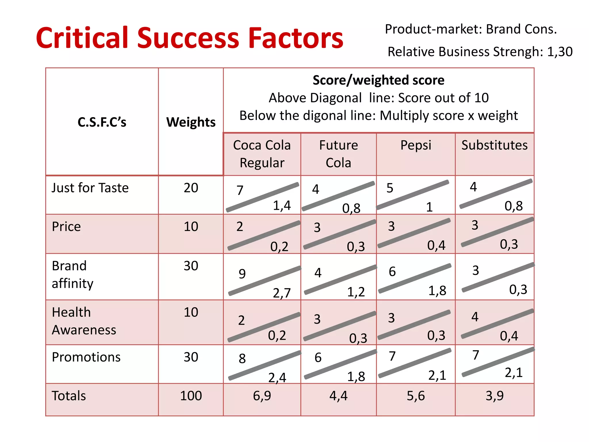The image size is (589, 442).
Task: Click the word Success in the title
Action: [x=188, y=38]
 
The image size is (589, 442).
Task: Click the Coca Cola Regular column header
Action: [x=262, y=154]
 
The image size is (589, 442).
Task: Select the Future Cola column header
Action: [x=339, y=154]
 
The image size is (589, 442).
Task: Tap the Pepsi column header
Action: [x=416, y=145]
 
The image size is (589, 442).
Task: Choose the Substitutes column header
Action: [x=494, y=145]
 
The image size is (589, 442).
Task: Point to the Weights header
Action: [x=191, y=122]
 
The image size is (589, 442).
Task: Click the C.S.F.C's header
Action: [x=102, y=122]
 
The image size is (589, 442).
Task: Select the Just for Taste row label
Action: [x=90, y=188]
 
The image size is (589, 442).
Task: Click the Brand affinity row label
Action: [x=72, y=275]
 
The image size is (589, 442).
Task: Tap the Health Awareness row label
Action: [x=84, y=321]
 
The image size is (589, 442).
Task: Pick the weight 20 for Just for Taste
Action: [x=191, y=188]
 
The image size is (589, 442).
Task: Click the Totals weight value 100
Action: [x=191, y=396]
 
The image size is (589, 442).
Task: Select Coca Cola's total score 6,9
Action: [x=262, y=396]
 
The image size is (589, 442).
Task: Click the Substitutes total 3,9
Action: [x=494, y=396]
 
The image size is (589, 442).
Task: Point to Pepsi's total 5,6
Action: [x=416, y=396]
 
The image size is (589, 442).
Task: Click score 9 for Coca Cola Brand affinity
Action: [x=242, y=274]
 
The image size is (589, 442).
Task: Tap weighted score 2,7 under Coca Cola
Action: [x=282, y=293]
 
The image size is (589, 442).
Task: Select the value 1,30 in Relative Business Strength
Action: [x=560, y=52]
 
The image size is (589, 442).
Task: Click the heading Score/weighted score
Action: [x=378, y=80]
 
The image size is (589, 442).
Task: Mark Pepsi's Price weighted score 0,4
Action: [x=436, y=245]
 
